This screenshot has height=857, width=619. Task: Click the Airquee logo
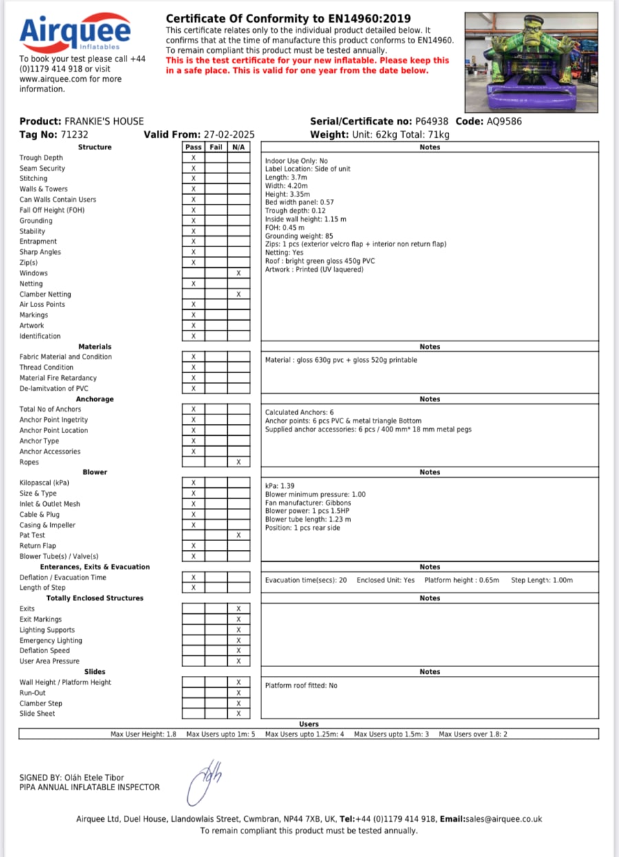coord(74,32)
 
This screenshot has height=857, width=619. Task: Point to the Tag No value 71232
coord(74,135)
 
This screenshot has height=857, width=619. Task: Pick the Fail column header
coord(216,147)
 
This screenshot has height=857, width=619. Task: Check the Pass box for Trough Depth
coord(193,158)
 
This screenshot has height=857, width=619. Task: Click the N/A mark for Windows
coord(239,273)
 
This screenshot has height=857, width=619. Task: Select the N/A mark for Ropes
coord(239,462)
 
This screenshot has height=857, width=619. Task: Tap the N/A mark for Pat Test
coord(239,535)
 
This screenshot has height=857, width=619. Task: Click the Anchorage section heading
coord(95,399)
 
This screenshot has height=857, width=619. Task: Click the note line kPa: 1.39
coord(280,486)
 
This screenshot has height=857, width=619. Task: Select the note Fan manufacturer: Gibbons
coord(308,503)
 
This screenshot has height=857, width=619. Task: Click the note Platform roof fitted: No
coord(301,686)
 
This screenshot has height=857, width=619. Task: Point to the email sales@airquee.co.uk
coord(503,819)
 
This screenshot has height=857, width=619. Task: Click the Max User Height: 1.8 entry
coord(143,734)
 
